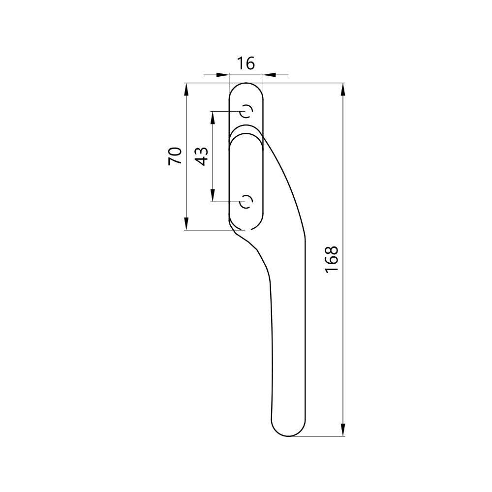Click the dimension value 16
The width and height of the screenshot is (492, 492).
[x=246, y=63]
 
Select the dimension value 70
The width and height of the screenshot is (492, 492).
[x=175, y=156]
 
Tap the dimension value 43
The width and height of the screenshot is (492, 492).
[x=201, y=156]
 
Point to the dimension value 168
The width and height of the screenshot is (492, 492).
[x=332, y=259]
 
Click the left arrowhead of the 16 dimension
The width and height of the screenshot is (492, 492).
[x=223, y=75]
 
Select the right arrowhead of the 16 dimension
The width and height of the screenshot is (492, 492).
[x=269, y=75]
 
